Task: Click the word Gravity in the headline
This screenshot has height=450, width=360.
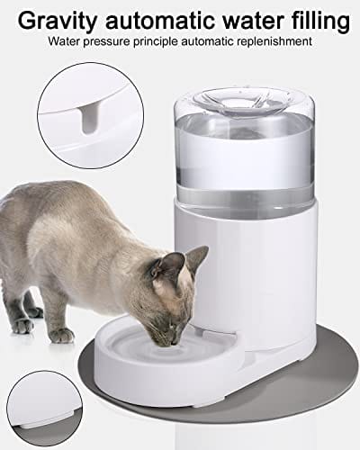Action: [x=55, y=19]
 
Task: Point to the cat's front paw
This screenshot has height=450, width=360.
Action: [x=60, y=334]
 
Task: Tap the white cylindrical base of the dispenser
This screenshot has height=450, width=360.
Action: [x=261, y=270]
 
